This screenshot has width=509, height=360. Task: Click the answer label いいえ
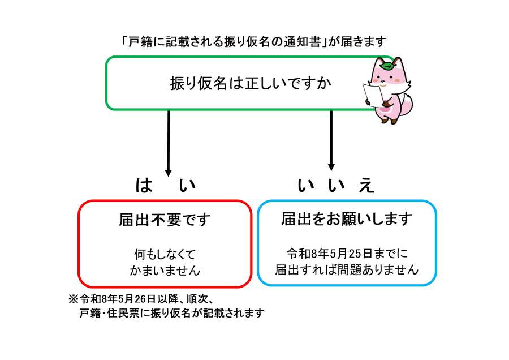click(336, 186)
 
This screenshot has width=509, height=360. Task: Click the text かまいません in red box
click(165, 271)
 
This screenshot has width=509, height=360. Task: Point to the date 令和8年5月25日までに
click(347, 252)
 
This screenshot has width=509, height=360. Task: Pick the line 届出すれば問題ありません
click(347, 270)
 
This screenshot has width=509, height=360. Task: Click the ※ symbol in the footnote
click(72, 298)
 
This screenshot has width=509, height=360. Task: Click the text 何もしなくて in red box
click(165, 254)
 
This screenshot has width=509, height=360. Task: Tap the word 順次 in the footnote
click(199, 298)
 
